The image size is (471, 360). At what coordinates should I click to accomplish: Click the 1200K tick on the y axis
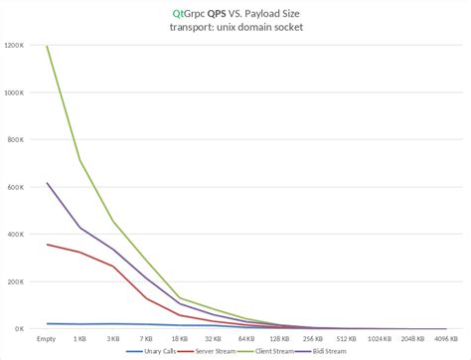coord(15,46)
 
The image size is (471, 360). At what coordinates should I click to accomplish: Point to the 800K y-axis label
coord(17,140)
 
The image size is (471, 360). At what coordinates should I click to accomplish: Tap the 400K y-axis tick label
coord(17,235)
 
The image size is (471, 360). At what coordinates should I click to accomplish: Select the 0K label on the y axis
coord(21,329)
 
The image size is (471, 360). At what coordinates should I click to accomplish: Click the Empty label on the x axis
coord(44,339)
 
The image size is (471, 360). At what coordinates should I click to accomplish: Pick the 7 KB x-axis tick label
coord(146,339)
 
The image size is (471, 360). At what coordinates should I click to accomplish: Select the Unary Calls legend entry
coord(152,351)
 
